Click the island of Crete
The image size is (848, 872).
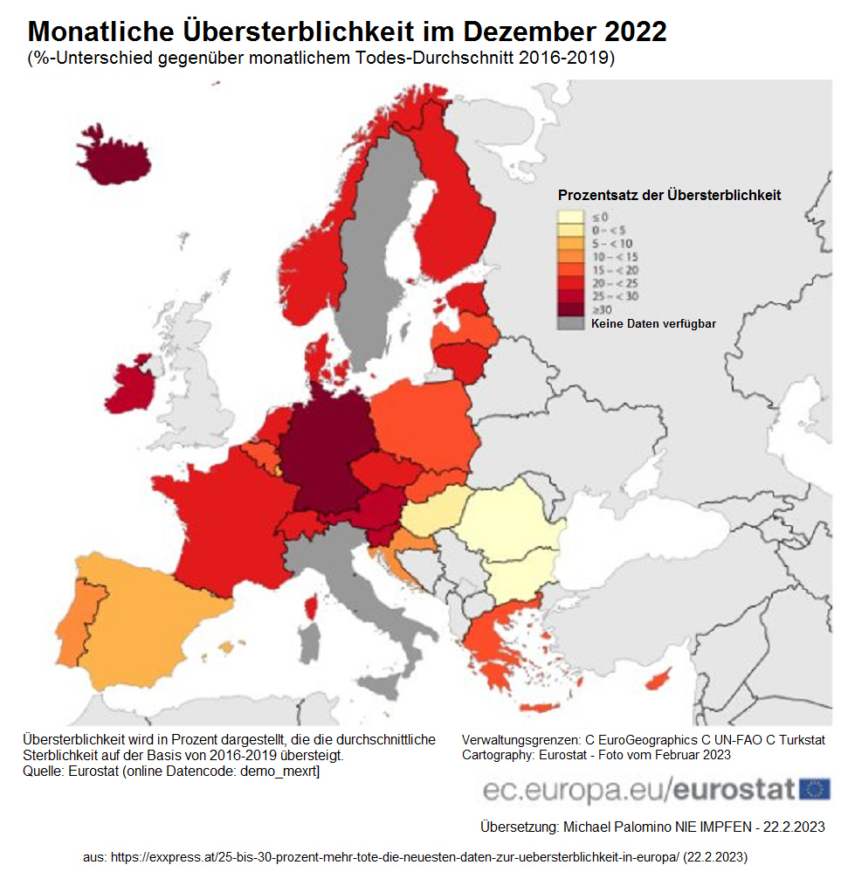pyautogui.click(x=538, y=707)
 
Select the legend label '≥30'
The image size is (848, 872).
pyautogui.click(x=602, y=309)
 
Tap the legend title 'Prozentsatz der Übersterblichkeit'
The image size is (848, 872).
pyautogui.click(x=669, y=195)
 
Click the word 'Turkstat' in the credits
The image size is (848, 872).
pyautogui.click(x=796, y=739)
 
